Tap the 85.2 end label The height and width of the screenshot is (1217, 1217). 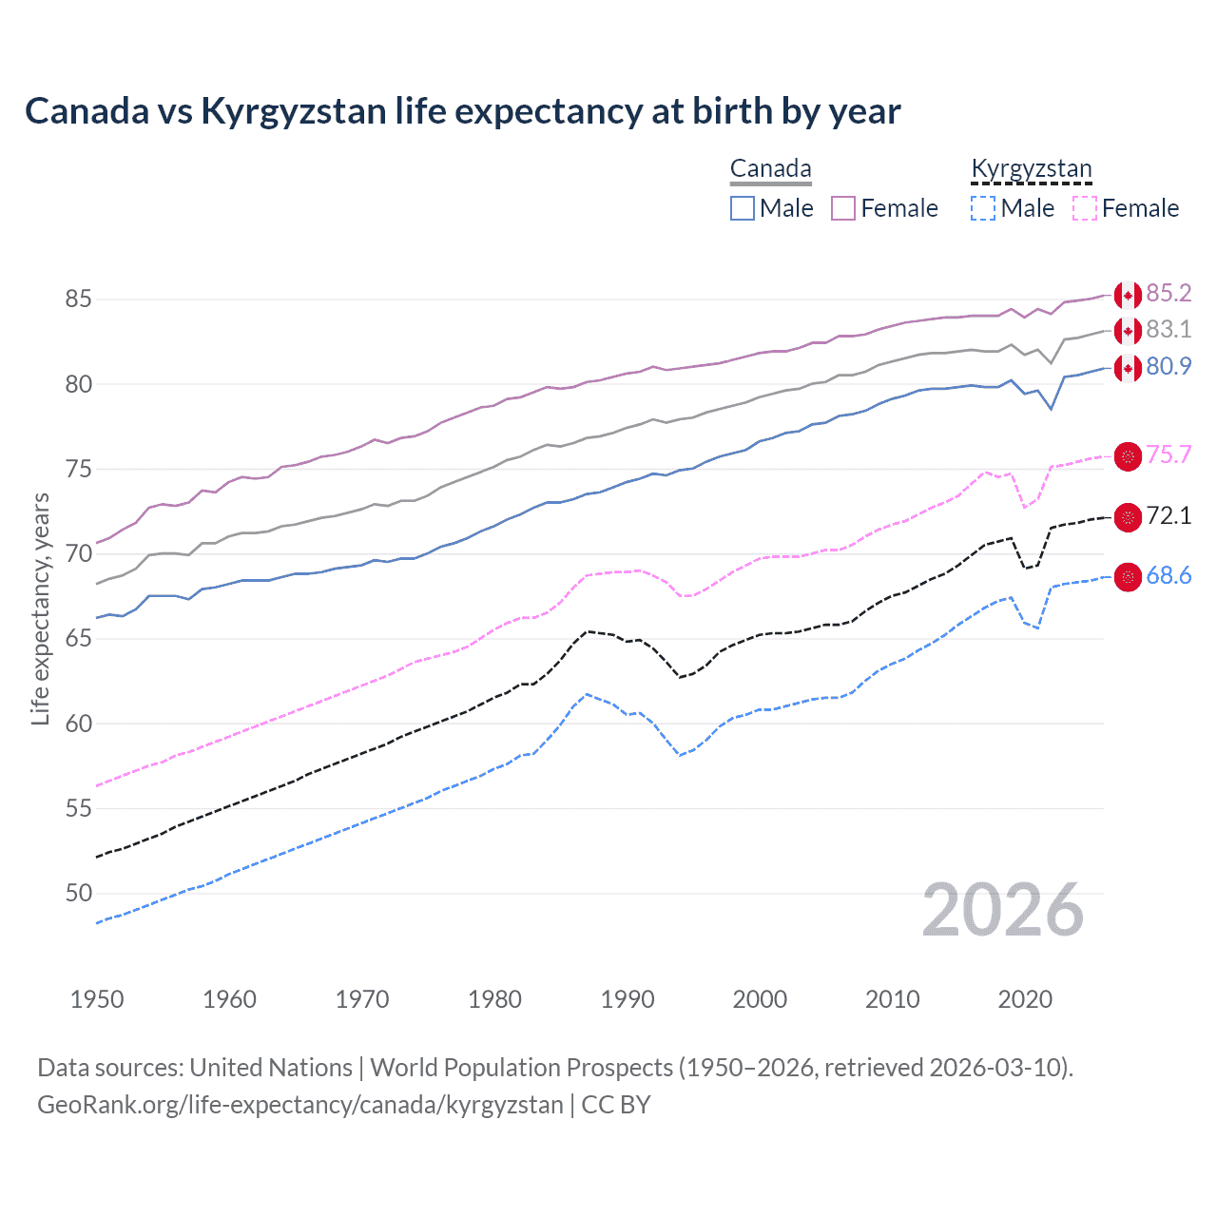coord(1169,294)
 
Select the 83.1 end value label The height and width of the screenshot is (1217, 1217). coord(1169,330)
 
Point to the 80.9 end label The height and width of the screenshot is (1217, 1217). coord(1169,367)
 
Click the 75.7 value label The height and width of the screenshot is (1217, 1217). coord(1169,455)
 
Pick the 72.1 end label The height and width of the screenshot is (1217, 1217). coord(1169,516)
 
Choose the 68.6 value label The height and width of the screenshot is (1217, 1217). coord(1169,576)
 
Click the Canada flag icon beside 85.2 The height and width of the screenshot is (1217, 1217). coord(1128,296)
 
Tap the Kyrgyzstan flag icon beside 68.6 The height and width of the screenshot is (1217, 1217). coord(1128,577)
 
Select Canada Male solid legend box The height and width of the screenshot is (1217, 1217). coord(743,208)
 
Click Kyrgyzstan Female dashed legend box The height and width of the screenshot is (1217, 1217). coord(1085,208)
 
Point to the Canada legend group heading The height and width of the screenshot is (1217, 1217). coord(770,169)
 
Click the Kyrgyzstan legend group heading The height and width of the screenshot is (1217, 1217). coord(1031,169)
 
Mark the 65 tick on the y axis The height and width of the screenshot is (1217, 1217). coord(78,639)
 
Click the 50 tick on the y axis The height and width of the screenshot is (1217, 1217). coord(78,894)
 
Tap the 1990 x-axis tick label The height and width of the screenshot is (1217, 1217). coord(628,999)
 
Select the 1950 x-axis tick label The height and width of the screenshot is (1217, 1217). coord(97,999)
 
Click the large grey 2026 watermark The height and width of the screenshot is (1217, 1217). coord(1002,911)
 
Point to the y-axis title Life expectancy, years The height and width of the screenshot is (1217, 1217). coord(41,608)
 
